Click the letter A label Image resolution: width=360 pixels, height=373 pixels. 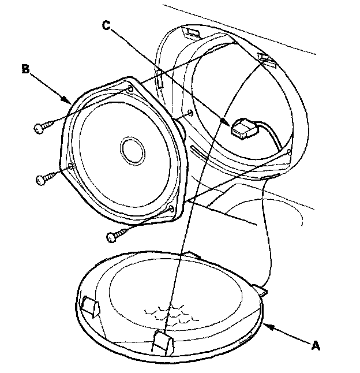tap(316, 345)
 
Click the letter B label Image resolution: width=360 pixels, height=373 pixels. tap(25, 69)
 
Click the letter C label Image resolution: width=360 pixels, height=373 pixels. tap(107, 25)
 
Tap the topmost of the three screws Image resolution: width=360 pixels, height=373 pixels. tap(44, 126)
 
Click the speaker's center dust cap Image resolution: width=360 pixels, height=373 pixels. tap(133, 151)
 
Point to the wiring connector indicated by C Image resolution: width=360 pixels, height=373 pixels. tap(244, 129)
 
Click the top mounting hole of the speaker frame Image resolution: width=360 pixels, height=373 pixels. tap(130, 89)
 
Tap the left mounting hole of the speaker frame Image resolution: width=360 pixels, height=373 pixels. tap(70, 166)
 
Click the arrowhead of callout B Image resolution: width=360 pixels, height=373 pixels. tap(66, 100)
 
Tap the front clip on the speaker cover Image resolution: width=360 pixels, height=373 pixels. tap(163, 343)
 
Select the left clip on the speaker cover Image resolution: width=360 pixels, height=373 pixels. tap(91, 307)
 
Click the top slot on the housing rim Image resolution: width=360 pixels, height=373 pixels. tap(192, 32)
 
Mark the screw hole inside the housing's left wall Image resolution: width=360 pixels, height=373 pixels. tap(190, 113)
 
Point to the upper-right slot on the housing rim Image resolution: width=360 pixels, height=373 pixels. tap(267, 59)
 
